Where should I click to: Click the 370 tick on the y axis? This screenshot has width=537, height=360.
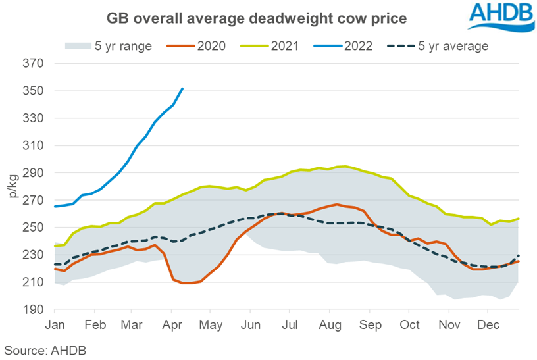33,64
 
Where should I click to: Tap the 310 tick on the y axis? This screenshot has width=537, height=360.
33,146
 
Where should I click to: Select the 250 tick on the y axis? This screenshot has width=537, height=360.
33,228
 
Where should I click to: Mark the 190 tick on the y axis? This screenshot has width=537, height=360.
33,309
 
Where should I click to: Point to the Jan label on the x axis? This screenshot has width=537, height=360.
55,325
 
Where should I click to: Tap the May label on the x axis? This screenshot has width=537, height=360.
212,325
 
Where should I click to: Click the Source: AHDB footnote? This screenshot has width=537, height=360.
45,350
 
